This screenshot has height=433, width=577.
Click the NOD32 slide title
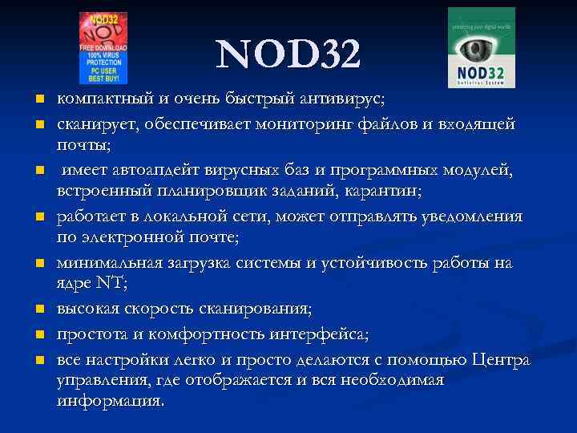click(288, 54)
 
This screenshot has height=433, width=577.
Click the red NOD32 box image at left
click(103, 47)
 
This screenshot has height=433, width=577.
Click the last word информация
click(110, 400)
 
